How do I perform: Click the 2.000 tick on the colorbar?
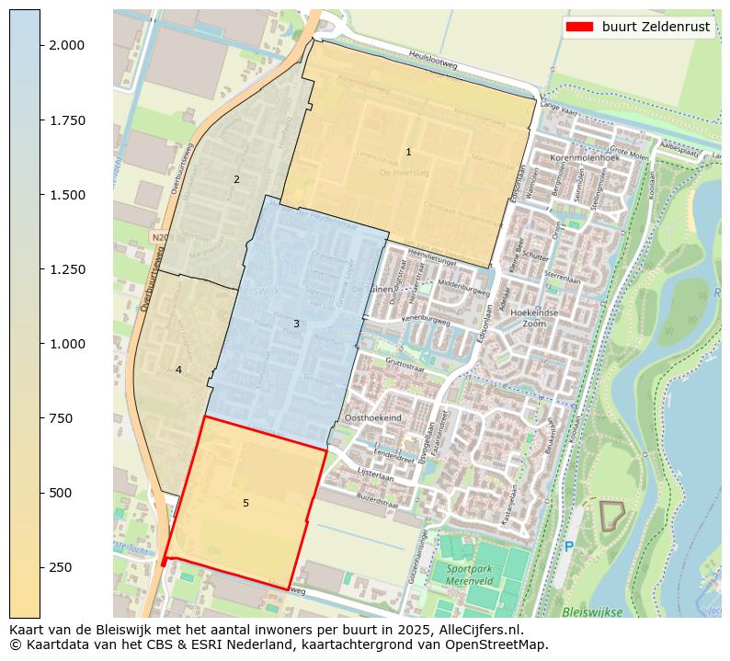click(x=40, y=45)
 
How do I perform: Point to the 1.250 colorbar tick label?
click(x=66, y=269)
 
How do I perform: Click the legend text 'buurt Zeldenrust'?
click(x=656, y=27)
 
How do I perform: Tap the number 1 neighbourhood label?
click(x=408, y=152)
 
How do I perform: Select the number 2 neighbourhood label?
click(x=236, y=179)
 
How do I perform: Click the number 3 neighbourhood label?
click(x=296, y=324)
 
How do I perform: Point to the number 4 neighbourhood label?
click(x=178, y=370)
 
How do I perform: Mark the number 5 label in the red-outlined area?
click(x=245, y=503)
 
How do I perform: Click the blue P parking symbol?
click(x=568, y=547)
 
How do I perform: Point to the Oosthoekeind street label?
click(x=372, y=417)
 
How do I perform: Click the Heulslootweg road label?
click(x=433, y=57)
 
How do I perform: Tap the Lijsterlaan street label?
click(x=374, y=478)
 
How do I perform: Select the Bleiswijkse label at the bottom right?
click(x=592, y=611)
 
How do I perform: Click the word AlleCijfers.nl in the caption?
click(x=476, y=630)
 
